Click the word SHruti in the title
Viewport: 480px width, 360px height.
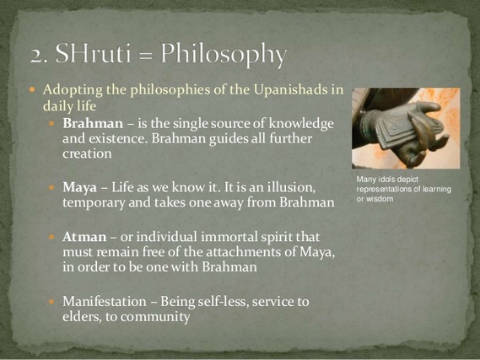pos(93,53)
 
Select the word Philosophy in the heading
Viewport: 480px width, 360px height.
pos(224,55)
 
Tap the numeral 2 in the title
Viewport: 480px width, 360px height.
pos(35,56)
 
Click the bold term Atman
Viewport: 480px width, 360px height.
pos(84,238)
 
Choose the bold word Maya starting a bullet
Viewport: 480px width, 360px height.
pos(79,188)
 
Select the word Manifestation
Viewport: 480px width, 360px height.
pos(105,302)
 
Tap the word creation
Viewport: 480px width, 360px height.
pos(87,153)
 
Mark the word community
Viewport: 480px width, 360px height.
pos(155,317)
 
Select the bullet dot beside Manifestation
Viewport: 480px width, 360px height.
pos(51,302)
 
